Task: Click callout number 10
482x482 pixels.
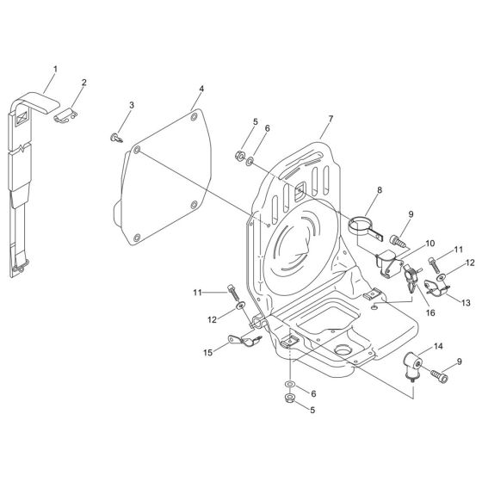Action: (x=430, y=244)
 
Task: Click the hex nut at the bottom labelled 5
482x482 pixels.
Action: (x=287, y=399)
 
